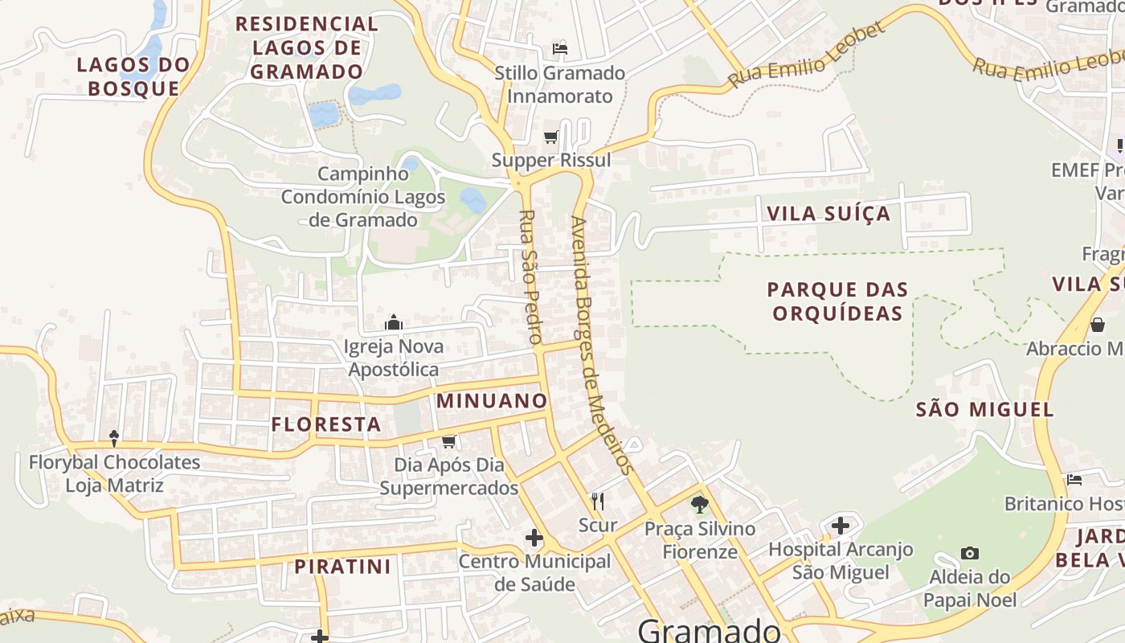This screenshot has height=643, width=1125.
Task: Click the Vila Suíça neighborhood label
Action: coord(829,214)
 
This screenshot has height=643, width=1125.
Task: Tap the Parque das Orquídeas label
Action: coord(838,301)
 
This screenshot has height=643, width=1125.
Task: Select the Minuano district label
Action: coord(491,400)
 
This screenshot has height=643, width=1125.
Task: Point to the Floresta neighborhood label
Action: coord(325,424)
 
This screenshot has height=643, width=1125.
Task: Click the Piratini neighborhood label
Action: coord(342,567)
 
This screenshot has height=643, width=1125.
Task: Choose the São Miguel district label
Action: coord(984,410)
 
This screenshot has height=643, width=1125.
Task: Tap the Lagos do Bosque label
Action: coord(133,76)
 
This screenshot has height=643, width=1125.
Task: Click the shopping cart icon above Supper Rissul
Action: coord(550,137)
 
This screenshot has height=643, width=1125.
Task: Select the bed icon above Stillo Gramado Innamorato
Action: coord(560,50)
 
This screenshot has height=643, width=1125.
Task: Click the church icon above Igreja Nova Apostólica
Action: coord(394,323)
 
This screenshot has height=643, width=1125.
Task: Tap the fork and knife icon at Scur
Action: coord(597,502)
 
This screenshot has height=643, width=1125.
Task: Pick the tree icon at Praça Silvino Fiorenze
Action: coord(700,506)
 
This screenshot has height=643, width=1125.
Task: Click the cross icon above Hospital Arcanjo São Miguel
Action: coord(841,526)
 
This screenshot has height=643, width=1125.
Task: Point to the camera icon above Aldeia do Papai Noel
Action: coord(970,554)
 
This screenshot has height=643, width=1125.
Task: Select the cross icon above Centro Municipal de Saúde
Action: coord(534,538)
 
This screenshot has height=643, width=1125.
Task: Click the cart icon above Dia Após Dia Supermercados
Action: coord(449,442)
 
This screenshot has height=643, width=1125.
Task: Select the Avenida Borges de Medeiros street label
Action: coord(603,346)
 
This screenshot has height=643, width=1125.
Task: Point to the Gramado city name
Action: coord(709,630)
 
